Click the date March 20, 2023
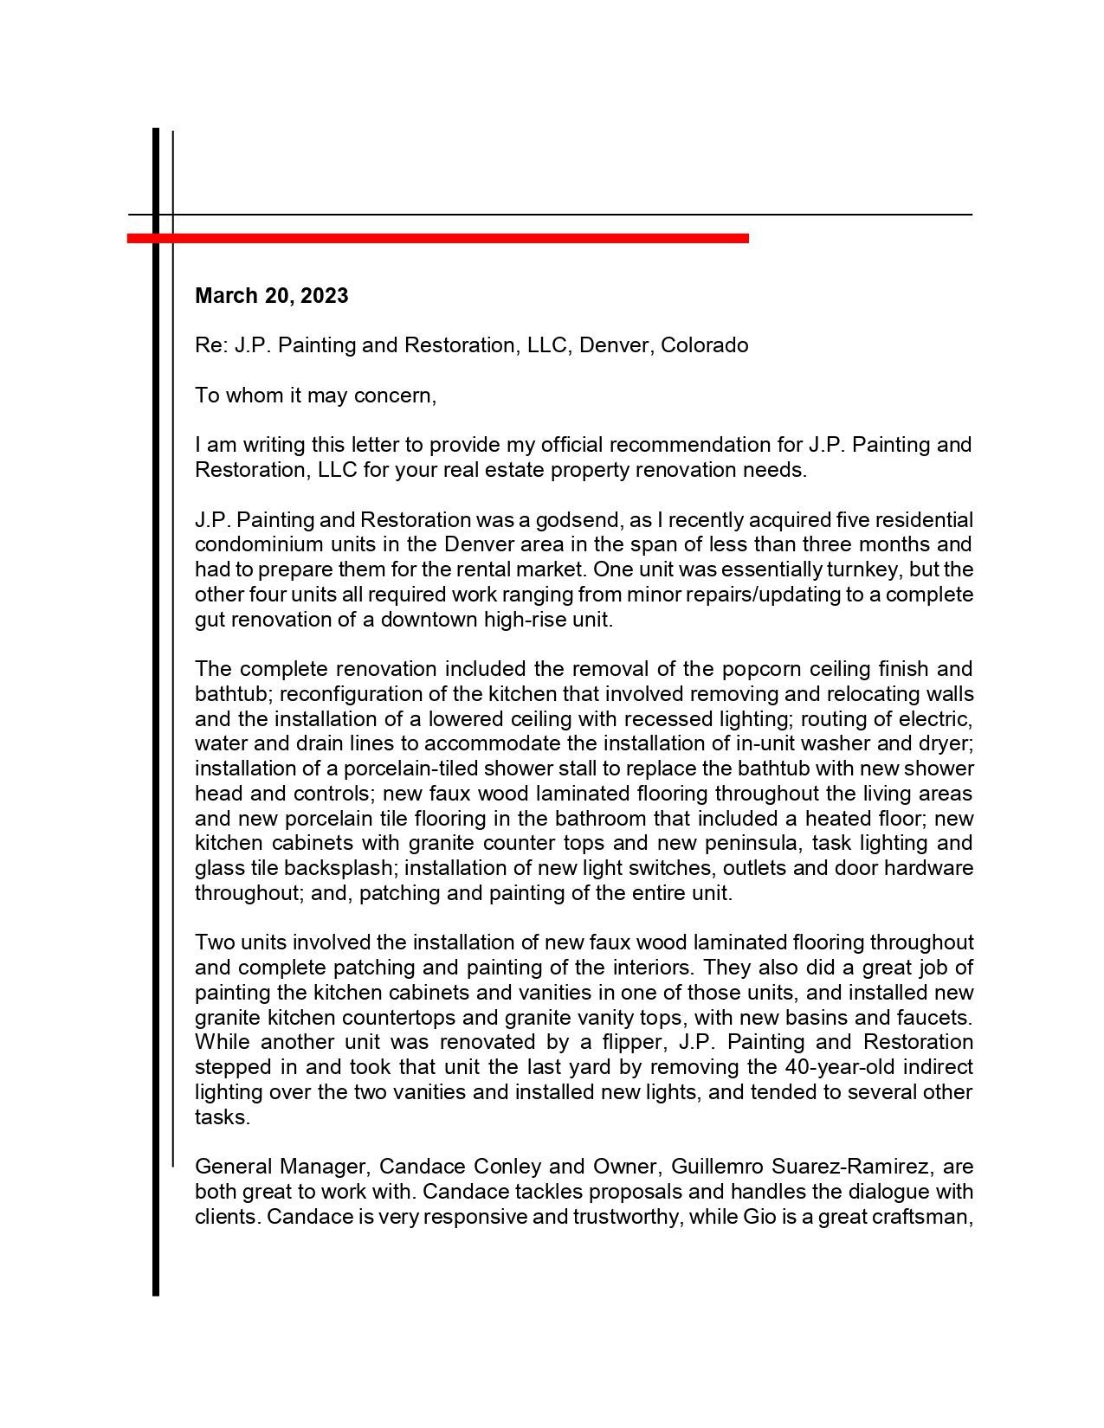(x=271, y=296)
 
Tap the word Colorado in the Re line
(x=705, y=345)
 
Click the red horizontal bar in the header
(x=437, y=238)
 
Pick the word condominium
(x=259, y=545)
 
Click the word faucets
(x=938, y=1018)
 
